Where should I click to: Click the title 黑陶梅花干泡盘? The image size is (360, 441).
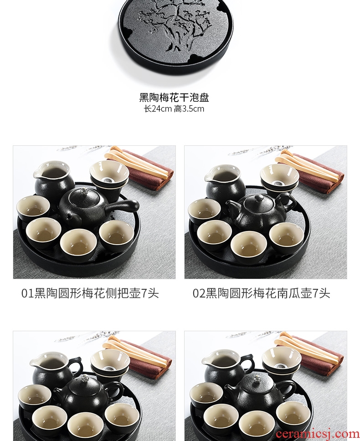click(x=174, y=97)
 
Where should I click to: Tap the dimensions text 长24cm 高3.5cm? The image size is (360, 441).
click(x=174, y=108)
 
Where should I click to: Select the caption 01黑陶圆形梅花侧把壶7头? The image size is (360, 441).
click(x=90, y=293)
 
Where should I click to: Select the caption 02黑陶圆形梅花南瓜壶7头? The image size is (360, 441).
click(x=261, y=293)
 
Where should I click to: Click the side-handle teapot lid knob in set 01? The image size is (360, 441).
click(x=84, y=191)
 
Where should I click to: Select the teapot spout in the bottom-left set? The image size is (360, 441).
click(x=58, y=391)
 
